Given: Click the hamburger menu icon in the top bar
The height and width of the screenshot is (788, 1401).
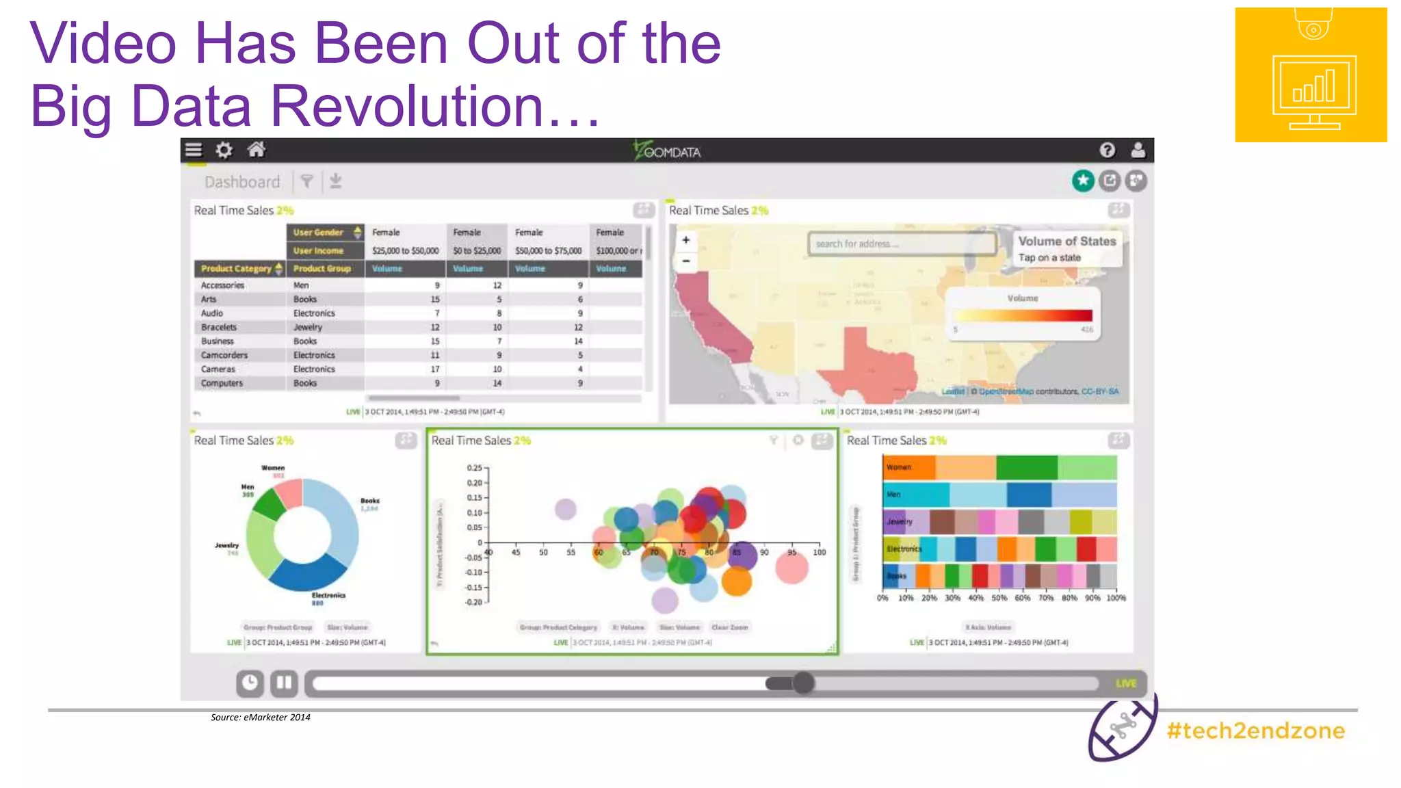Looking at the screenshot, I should point(194,150).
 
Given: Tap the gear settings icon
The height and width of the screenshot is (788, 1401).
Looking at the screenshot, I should point(224,150).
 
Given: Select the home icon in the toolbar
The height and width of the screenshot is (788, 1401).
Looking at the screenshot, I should point(257,149).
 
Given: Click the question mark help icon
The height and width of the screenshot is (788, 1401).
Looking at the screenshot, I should point(1107,150).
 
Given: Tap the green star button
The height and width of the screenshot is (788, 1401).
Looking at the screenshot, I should point(1083,181).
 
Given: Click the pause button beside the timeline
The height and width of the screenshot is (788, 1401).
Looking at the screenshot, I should point(284,682).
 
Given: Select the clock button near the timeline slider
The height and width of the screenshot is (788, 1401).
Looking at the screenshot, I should point(250,682).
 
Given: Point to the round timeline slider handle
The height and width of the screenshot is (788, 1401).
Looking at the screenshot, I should point(803,682).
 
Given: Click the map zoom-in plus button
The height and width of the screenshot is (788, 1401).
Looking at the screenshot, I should point(685,240).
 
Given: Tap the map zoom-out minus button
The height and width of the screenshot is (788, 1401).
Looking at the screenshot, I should point(685,261).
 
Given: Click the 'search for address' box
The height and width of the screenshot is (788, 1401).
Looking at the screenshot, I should point(902,244).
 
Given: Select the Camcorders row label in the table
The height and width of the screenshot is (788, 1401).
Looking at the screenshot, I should point(224,355).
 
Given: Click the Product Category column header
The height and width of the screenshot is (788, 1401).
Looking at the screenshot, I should point(237,269).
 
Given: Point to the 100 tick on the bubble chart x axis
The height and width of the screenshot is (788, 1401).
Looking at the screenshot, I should point(819,552).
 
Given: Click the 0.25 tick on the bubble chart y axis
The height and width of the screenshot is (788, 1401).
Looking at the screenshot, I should point(475,468).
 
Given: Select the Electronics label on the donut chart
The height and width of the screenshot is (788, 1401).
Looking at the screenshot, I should point(328,595).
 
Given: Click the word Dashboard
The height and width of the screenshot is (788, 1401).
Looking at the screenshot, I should point(242,182).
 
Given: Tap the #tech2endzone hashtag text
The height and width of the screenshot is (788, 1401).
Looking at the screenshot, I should point(1256,731).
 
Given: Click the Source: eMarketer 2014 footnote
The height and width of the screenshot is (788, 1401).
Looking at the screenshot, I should point(260,717).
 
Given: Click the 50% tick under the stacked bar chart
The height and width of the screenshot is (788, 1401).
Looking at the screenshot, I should point(999,598).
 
